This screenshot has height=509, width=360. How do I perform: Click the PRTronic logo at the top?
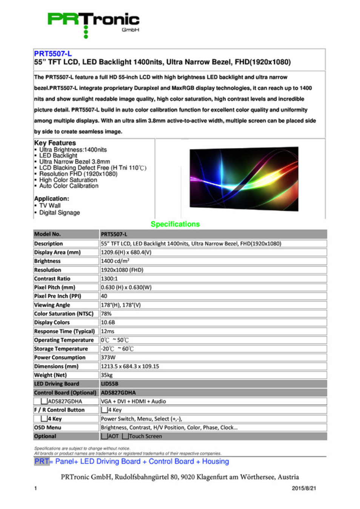pyautogui.click(x=93, y=23)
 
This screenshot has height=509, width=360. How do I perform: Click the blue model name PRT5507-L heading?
pyautogui.click(x=53, y=54)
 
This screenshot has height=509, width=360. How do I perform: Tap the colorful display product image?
pyautogui.click(x=244, y=178)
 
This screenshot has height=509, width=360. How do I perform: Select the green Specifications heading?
pyautogui.click(x=175, y=224)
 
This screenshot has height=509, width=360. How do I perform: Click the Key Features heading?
pyautogui.click(x=55, y=143)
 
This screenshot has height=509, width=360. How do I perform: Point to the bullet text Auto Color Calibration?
pyautogui.click(x=69, y=186)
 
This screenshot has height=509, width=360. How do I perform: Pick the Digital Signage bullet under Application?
pyautogui.click(x=60, y=213)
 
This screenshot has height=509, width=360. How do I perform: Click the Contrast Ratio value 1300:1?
pyautogui.click(x=109, y=279)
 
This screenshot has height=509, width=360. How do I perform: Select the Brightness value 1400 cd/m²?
pyautogui.click(x=115, y=261)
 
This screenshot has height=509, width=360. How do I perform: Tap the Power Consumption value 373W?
pyautogui.click(x=108, y=357)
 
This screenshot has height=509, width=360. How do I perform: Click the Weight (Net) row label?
pyautogui.click(x=50, y=375)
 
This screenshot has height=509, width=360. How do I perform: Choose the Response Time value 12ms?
pyautogui.click(x=108, y=331)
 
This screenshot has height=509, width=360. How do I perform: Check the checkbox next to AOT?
pyautogui.click(x=105, y=436)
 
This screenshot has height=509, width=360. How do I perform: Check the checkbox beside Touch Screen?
pyautogui.click(x=125, y=436)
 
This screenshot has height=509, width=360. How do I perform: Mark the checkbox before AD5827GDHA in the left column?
pyautogui.click(x=44, y=401)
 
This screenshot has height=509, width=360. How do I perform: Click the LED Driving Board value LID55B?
pyautogui.click(x=109, y=384)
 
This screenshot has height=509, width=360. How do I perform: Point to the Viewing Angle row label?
pyautogui.click(x=52, y=305)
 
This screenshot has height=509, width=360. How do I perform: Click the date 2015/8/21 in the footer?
pyautogui.click(x=304, y=488)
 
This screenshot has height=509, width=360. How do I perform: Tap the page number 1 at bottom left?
pyautogui.click(x=35, y=488)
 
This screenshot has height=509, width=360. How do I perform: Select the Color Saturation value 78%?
pyautogui.click(x=106, y=314)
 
